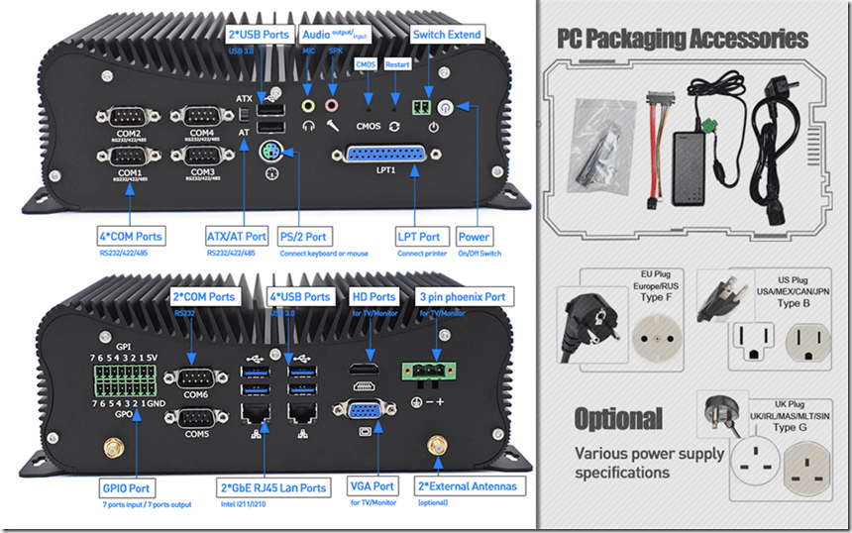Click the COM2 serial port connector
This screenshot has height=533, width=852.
tap(128, 117)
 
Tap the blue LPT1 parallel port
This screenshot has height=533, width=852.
tap(386, 156)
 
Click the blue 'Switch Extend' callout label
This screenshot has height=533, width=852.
tap(446, 35)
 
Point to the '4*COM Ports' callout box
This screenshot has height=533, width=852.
tap(131, 237)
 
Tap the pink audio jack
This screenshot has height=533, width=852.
tap(332, 103)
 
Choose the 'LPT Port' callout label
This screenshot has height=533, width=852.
tap(418, 237)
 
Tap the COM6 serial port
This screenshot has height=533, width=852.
tap(197, 378)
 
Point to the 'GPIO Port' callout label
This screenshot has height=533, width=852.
tap(127, 487)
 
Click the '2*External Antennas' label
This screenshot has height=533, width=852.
tap(467, 486)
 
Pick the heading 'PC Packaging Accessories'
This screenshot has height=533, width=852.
tap(682, 40)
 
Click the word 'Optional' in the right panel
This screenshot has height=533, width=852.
tap(618, 417)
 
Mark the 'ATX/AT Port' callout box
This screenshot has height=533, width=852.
tap(236, 237)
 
